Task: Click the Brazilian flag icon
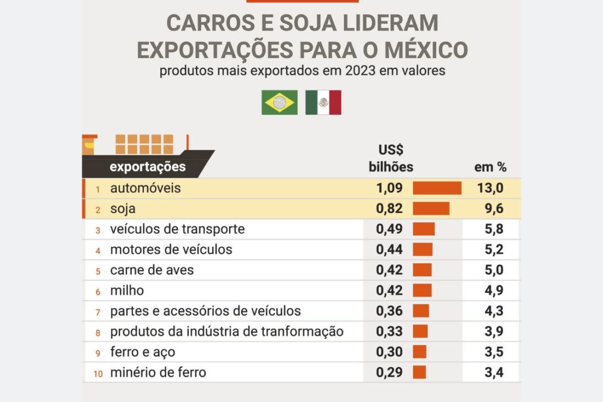pos(279,102)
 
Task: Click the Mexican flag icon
pos(323,102)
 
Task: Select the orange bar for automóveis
pos(437,188)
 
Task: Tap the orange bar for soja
pos(431,209)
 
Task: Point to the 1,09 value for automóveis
pos(389,188)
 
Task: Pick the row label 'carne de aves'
pos(152,270)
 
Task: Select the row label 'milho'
pos(127,291)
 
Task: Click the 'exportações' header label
pos(148,166)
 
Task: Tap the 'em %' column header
pos(490,167)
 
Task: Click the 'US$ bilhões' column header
pos(390,159)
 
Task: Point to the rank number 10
pos(97,373)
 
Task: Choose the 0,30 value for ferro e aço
pos(389,352)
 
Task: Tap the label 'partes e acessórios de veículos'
pos(205,311)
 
